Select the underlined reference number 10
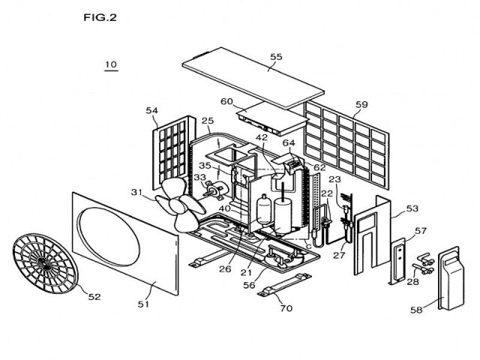[x=110, y=65]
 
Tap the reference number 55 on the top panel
[x=276, y=57]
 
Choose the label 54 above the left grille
[x=152, y=111]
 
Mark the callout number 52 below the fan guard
[x=94, y=297]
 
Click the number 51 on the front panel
[x=142, y=304]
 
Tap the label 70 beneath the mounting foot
[x=285, y=307]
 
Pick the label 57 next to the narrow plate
[x=421, y=230]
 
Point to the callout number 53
[x=412, y=210]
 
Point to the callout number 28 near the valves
[x=411, y=281]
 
